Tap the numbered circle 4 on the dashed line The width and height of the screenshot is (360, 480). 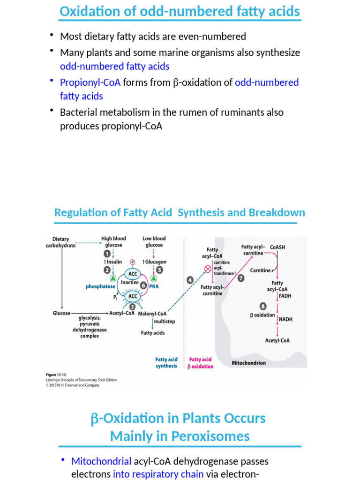tap(190, 280)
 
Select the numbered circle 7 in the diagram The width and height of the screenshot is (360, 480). tap(241, 278)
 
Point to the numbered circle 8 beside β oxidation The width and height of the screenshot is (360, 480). tap(262, 306)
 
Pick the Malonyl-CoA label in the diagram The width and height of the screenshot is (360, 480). tap(152, 314)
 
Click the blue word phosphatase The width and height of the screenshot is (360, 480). tap(100, 286)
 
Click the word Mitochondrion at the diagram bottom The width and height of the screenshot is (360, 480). tap(249, 363)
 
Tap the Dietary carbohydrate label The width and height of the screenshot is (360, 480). tap(60, 242)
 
